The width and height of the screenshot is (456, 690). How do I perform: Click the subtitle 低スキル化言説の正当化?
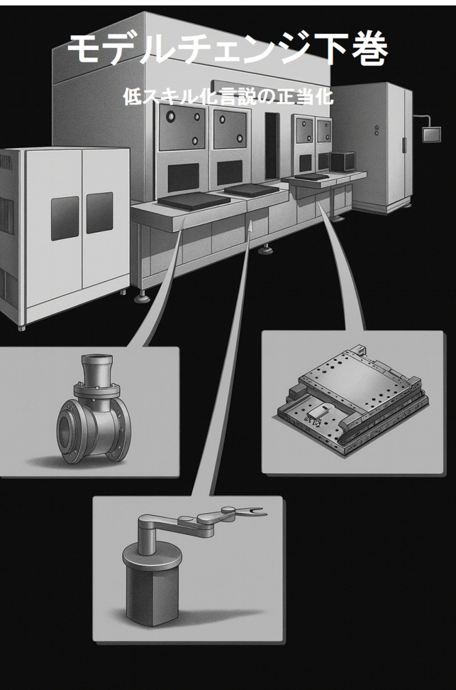pyautogui.click(x=228, y=96)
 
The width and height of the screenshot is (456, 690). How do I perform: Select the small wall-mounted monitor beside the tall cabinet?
pyautogui.click(x=431, y=135)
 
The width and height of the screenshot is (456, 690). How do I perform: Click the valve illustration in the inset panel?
pyautogui.click(x=94, y=411)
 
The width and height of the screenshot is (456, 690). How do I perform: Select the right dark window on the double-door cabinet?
pyautogui.click(x=99, y=213)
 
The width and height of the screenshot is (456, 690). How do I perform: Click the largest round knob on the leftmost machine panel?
pyautogui.click(x=170, y=116)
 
